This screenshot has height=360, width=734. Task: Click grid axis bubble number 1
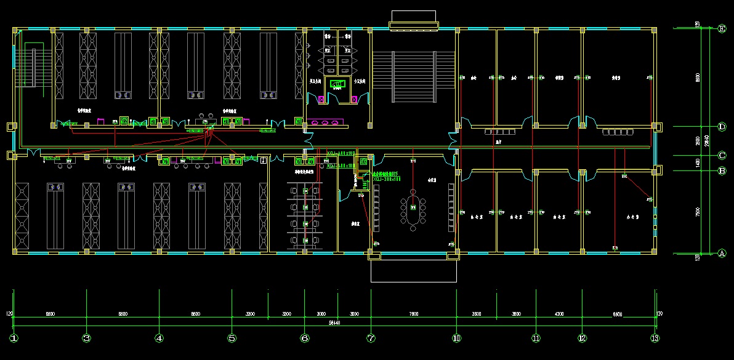click(x=14, y=338)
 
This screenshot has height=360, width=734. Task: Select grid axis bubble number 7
click(x=371, y=338)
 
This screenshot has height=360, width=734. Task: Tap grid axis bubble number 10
click(x=456, y=338)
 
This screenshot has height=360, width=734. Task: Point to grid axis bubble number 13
click(x=655, y=338)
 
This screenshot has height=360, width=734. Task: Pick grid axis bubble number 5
click(x=232, y=338)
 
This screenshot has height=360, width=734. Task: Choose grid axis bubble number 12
click(x=582, y=338)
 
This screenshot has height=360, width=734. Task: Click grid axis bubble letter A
click(x=722, y=253)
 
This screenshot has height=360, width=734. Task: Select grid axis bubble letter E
click(x=722, y=28)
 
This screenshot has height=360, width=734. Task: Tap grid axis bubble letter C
click(x=722, y=156)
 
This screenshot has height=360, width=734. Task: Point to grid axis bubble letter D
click(x=722, y=126)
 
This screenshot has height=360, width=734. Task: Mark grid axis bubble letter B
click(x=722, y=170)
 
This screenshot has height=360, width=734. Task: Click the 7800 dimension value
click(x=413, y=314)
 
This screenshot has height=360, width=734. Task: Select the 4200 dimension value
click(x=559, y=314)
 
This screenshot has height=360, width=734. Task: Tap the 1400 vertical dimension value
click(x=698, y=163)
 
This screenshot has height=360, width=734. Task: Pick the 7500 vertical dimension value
click(x=698, y=212)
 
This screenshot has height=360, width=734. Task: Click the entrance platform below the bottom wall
click(x=413, y=270)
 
